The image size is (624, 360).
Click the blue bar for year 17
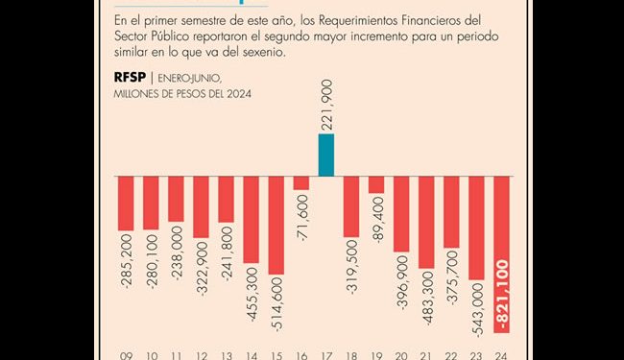pyautogui.click(x=326, y=156)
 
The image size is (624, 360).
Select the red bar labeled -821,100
pyautogui.click(x=501, y=254)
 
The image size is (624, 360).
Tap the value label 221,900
pyautogui.click(x=326, y=105)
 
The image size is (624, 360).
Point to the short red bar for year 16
pyautogui.click(x=301, y=183)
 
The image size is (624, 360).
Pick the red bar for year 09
pyautogui.click(x=126, y=204)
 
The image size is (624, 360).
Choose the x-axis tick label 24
pyautogui.click(x=501, y=353)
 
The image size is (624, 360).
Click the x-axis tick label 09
pyautogui.click(x=126, y=353)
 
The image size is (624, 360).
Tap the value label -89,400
pyautogui.click(x=376, y=227)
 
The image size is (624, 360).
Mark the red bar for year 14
pyautogui.click(x=251, y=220)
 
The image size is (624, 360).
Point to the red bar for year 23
pyautogui.click(x=476, y=228)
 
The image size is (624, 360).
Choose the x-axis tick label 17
pyautogui.click(x=326, y=353)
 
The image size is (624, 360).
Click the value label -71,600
pyautogui.click(x=301, y=219)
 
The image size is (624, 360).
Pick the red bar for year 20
pyautogui.click(x=401, y=214)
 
